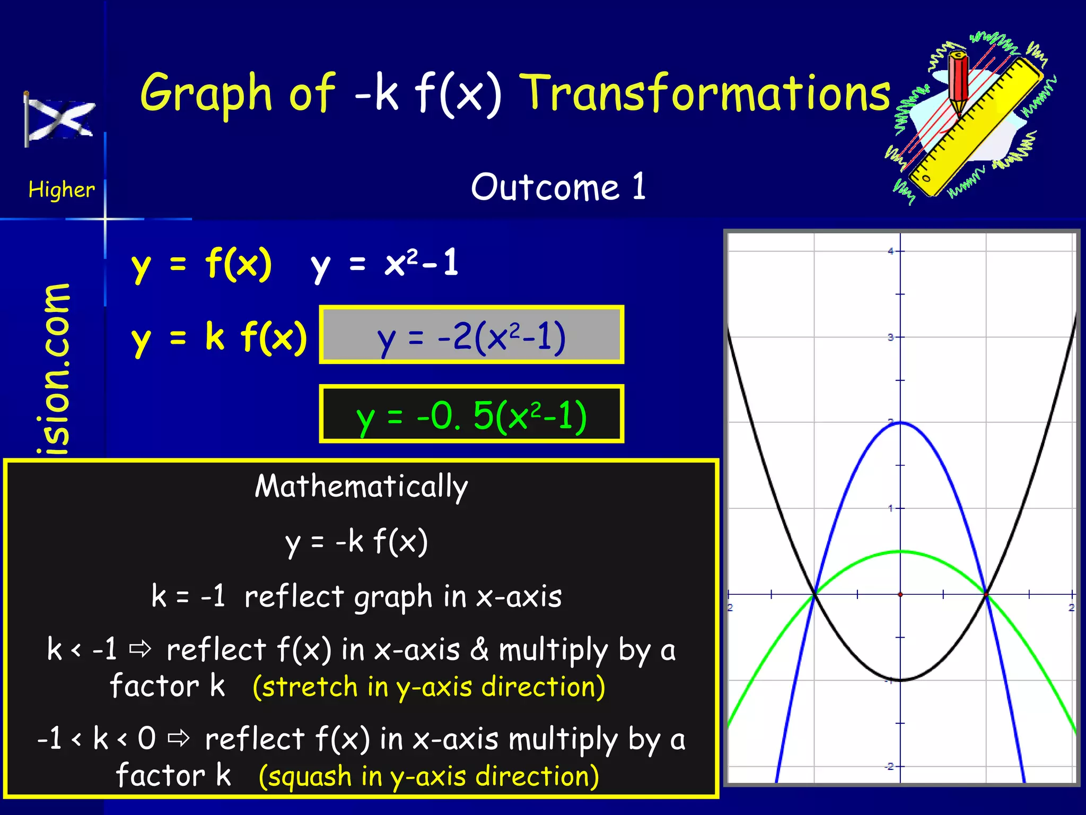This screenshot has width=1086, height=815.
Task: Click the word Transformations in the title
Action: click(707, 93)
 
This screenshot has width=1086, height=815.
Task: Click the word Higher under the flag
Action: click(62, 189)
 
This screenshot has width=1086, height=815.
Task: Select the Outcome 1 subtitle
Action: click(558, 187)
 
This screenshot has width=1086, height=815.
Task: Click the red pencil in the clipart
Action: click(958, 82)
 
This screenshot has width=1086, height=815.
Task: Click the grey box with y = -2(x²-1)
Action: click(471, 335)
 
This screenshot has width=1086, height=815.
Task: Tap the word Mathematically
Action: click(361, 486)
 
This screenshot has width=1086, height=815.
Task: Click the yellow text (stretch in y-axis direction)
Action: click(428, 687)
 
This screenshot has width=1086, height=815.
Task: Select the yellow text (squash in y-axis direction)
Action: click(428, 776)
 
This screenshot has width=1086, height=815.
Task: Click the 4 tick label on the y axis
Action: click(891, 251)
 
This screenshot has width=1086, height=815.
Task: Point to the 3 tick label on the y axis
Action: click(891, 337)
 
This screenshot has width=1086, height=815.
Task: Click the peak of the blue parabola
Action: click(900, 422)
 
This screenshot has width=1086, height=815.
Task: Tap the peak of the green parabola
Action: click(900, 552)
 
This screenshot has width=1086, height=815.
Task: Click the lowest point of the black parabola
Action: click(900, 680)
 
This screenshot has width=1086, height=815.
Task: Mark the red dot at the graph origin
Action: click(900, 594)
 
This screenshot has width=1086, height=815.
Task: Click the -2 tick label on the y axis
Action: click(889, 766)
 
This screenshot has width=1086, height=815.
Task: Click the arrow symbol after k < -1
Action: click(141, 648)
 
